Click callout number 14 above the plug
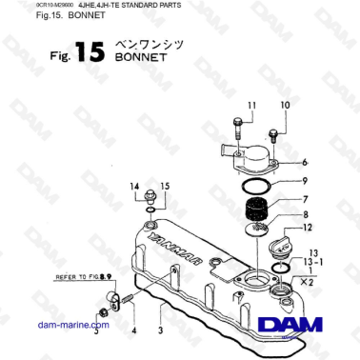click(x=134, y=186)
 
